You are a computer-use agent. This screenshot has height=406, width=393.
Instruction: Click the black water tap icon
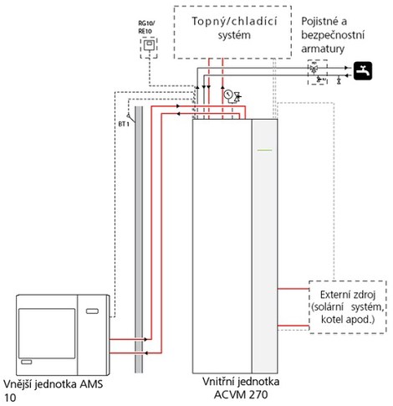pyautogui.click(x=363, y=71)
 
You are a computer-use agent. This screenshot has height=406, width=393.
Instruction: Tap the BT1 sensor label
pyautogui.click(x=124, y=124)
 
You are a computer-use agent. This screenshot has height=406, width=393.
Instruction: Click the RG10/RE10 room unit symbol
pyautogui.click(x=149, y=45)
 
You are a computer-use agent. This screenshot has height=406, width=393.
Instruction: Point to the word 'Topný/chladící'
pyautogui.click(x=234, y=22)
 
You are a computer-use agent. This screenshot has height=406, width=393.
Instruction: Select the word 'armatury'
pyautogui.click(x=323, y=49)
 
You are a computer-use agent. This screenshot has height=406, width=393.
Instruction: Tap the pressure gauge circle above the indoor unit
pyautogui.click(x=228, y=94)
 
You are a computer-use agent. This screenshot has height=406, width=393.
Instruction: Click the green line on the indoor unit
pyautogui.click(x=264, y=150)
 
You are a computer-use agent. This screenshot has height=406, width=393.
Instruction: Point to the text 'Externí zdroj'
pyautogui.click(x=348, y=295)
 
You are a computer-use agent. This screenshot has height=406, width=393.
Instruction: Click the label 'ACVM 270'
pyautogui.click(x=241, y=395)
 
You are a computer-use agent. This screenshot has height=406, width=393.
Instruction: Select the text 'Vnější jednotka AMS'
pyautogui.click(x=54, y=384)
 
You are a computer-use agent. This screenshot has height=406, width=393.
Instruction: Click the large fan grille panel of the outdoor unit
pyautogui.click(x=47, y=333)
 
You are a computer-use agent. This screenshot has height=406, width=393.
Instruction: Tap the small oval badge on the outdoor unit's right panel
pyautogui.click(x=92, y=311)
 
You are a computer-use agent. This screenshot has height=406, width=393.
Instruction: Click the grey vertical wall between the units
pyautogui.click(x=139, y=239)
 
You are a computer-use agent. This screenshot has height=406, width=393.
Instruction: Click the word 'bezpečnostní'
pyautogui.click(x=333, y=35)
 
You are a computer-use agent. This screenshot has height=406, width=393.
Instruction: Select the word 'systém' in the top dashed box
pyautogui.click(x=234, y=35)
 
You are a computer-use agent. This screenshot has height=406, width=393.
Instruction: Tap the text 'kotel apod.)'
pyautogui.click(x=348, y=320)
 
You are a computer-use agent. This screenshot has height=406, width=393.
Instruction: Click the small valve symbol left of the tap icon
pyautogui.click(x=339, y=81)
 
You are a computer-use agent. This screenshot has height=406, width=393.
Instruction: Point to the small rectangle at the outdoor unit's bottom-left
pyautogui.click(x=27, y=362)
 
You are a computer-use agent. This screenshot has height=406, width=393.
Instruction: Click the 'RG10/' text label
pyautogui.click(x=146, y=23)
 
